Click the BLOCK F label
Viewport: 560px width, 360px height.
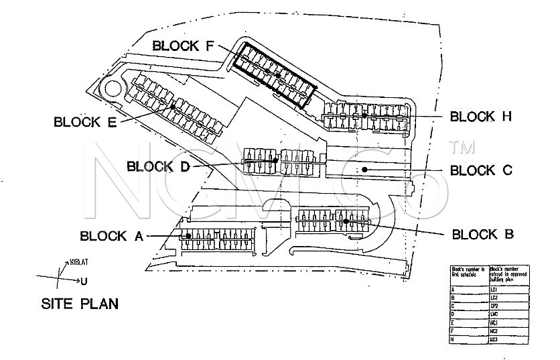(x=184, y=46)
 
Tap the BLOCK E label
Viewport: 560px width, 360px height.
(x=85, y=122)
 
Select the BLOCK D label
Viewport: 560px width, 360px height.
(x=158, y=166)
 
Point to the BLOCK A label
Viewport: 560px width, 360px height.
(x=112, y=236)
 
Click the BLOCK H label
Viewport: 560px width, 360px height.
(x=481, y=117)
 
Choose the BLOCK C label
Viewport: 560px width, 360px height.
(x=481, y=170)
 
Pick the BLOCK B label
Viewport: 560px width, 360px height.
(x=484, y=235)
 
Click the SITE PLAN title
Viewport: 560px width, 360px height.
(x=80, y=304)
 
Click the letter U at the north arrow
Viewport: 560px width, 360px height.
(x=83, y=281)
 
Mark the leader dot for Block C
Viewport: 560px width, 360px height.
(x=364, y=170)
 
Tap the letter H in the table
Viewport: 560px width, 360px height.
(x=453, y=339)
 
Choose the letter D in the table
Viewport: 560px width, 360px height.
(x=453, y=314)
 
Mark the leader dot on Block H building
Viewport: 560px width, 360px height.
(x=364, y=115)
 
